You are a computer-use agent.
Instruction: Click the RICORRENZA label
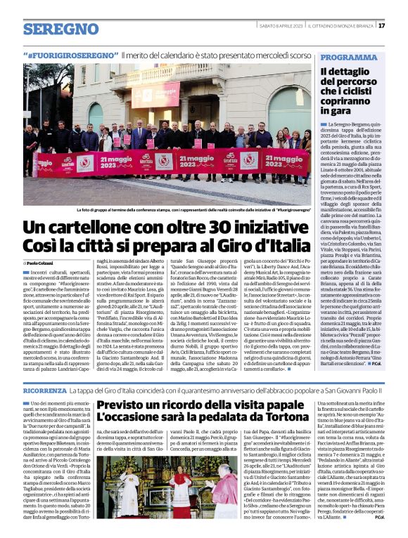pos(45,388)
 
